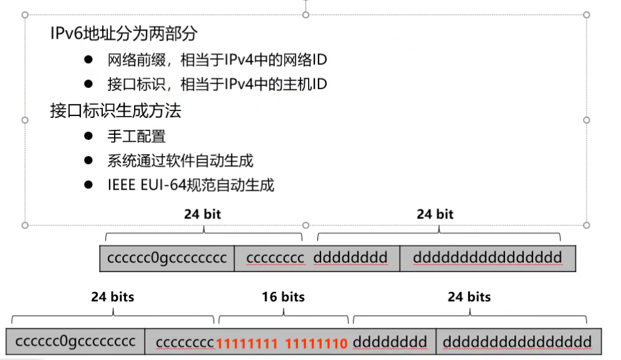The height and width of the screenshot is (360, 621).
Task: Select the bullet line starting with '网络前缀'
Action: (x=217, y=60)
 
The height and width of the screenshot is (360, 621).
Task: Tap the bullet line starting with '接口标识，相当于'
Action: (x=217, y=84)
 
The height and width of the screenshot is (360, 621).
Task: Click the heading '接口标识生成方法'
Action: (x=115, y=111)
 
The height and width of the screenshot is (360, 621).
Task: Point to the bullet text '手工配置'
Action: (x=137, y=135)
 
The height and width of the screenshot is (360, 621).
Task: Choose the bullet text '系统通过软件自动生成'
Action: (x=180, y=160)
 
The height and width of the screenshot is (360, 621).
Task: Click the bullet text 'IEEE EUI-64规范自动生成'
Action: (x=190, y=185)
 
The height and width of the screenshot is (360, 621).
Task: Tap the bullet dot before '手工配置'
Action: (x=89, y=135)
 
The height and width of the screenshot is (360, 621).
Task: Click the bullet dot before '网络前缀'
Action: (x=89, y=60)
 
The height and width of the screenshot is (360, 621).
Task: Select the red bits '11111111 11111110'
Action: (x=282, y=342)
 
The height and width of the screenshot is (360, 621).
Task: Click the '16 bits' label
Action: (x=283, y=297)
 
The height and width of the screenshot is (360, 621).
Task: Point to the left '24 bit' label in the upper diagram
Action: (x=202, y=214)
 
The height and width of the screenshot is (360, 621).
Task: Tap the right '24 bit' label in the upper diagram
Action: (x=435, y=214)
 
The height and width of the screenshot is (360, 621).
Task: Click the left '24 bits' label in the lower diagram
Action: (x=112, y=297)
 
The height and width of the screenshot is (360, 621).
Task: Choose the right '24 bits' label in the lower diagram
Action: (x=469, y=297)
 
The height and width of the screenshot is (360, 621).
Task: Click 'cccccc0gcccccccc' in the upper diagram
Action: (x=167, y=258)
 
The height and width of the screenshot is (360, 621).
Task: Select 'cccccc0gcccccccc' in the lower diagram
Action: (x=75, y=342)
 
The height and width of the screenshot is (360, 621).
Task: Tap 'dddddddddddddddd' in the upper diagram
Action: (x=487, y=258)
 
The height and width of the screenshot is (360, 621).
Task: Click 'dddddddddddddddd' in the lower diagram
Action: (x=517, y=342)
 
